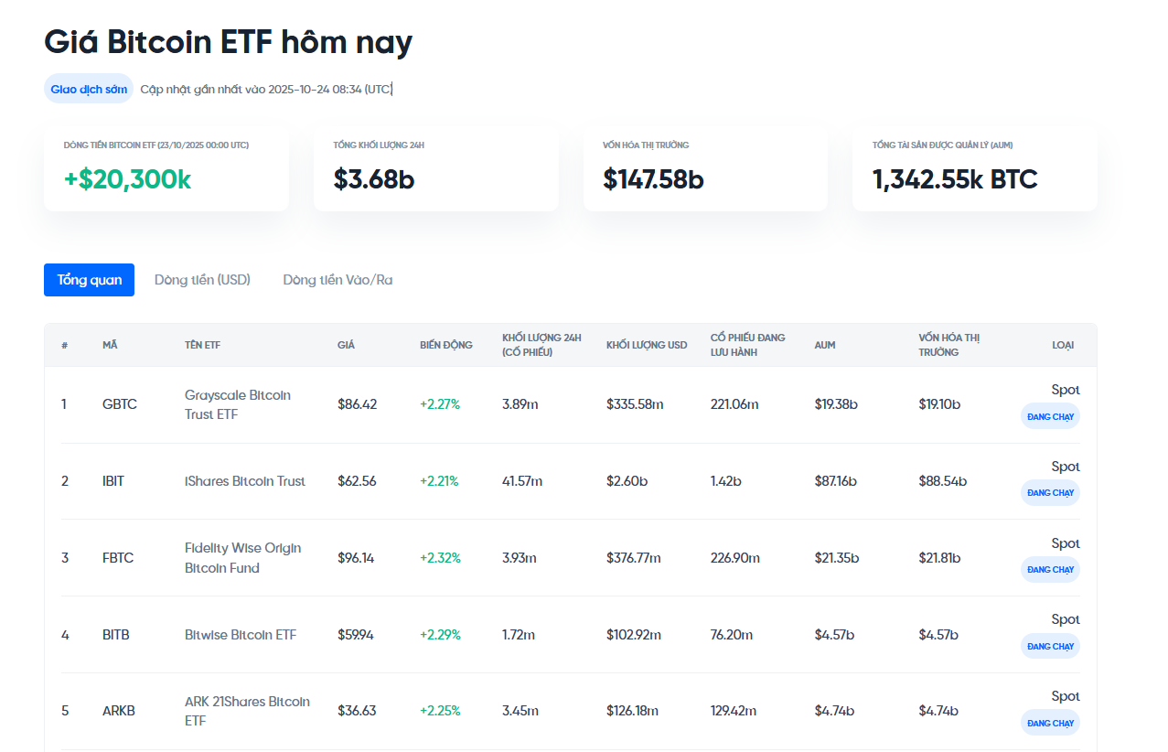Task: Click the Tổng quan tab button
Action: pos(89,280)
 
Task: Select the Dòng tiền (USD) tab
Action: pos(202,280)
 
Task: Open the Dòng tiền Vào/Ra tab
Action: pos(338,280)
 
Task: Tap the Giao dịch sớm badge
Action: pos(89,89)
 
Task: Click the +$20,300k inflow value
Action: pos(127,179)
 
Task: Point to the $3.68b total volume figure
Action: pos(374,179)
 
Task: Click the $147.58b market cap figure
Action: pos(653,179)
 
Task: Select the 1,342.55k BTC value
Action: pos(955,179)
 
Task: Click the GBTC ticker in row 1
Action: pos(120,404)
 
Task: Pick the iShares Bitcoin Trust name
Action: pos(245,481)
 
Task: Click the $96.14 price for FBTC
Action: pos(356,558)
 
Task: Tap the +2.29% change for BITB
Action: pos(440,635)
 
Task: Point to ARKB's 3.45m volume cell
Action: pos(520,711)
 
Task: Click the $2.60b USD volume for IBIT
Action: pos(627,481)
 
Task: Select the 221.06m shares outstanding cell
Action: pos(734,404)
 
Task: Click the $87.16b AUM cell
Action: pos(835,481)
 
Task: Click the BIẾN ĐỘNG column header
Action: pos(446,345)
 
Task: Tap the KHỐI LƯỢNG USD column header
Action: pos(647,345)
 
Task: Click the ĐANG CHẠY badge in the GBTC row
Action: pos(1050,416)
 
